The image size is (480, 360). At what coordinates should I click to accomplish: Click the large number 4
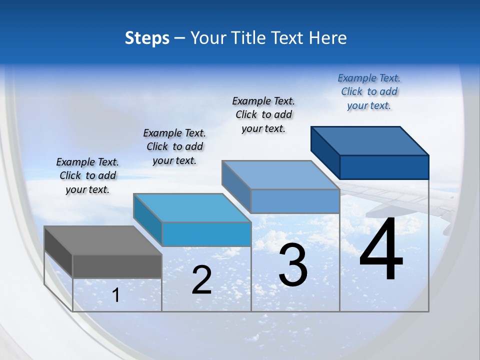(x=381, y=249)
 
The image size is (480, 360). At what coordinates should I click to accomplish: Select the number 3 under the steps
(x=293, y=265)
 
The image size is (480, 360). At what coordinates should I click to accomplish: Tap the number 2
(x=201, y=280)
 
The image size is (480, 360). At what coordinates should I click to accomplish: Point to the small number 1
(x=115, y=295)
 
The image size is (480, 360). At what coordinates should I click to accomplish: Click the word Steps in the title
(x=147, y=38)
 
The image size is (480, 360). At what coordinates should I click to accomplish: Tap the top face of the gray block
(x=102, y=240)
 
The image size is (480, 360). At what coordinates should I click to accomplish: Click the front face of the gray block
(x=117, y=266)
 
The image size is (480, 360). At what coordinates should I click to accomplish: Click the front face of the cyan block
(x=206, y=234)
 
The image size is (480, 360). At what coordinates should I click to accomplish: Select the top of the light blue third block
(x=280, y=175)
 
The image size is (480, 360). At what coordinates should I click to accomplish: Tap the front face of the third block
(x=295, y=201)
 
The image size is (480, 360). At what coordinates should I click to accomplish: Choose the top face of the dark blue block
(x=370, y=141)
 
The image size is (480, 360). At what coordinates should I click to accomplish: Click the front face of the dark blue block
(x=384, y=167)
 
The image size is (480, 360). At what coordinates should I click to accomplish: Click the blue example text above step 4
(x=369, y=91)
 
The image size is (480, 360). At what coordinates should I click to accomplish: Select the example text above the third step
(x=263, y=114)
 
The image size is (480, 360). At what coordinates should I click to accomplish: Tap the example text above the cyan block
(x=174, y=146)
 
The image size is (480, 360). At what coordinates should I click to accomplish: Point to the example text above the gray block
(x=87, y=175)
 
